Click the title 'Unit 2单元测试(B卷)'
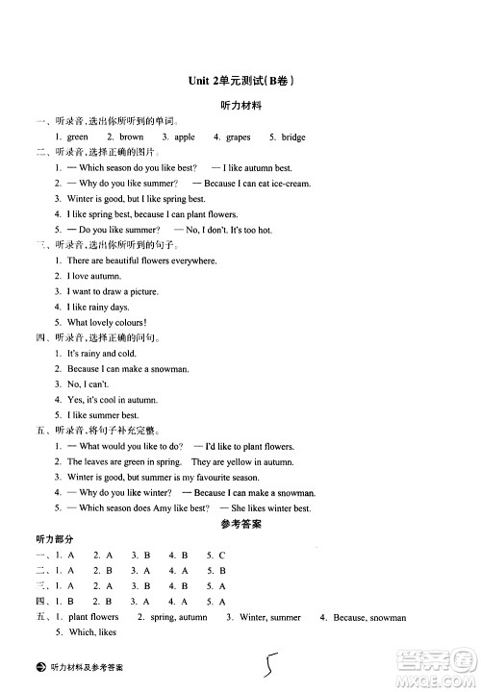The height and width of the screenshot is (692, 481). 240,82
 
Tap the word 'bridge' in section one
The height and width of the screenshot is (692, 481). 293,137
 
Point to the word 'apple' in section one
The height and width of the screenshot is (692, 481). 185,137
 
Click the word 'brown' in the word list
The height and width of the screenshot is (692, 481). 132,137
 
